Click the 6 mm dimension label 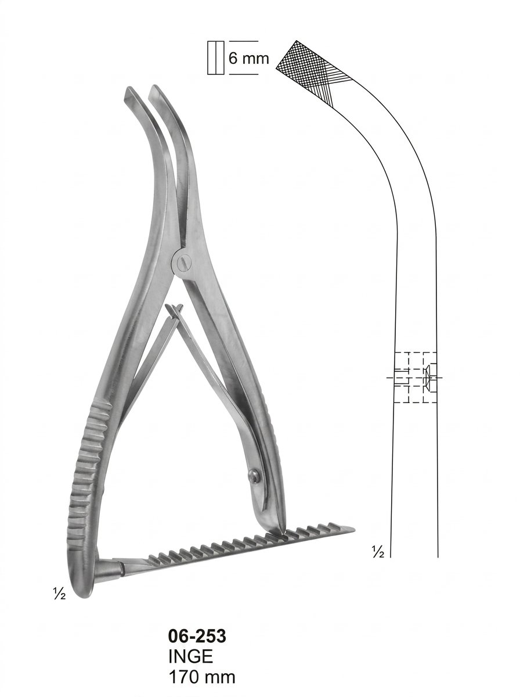(x=249, y=58)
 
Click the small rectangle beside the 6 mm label (x=216, y=58)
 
